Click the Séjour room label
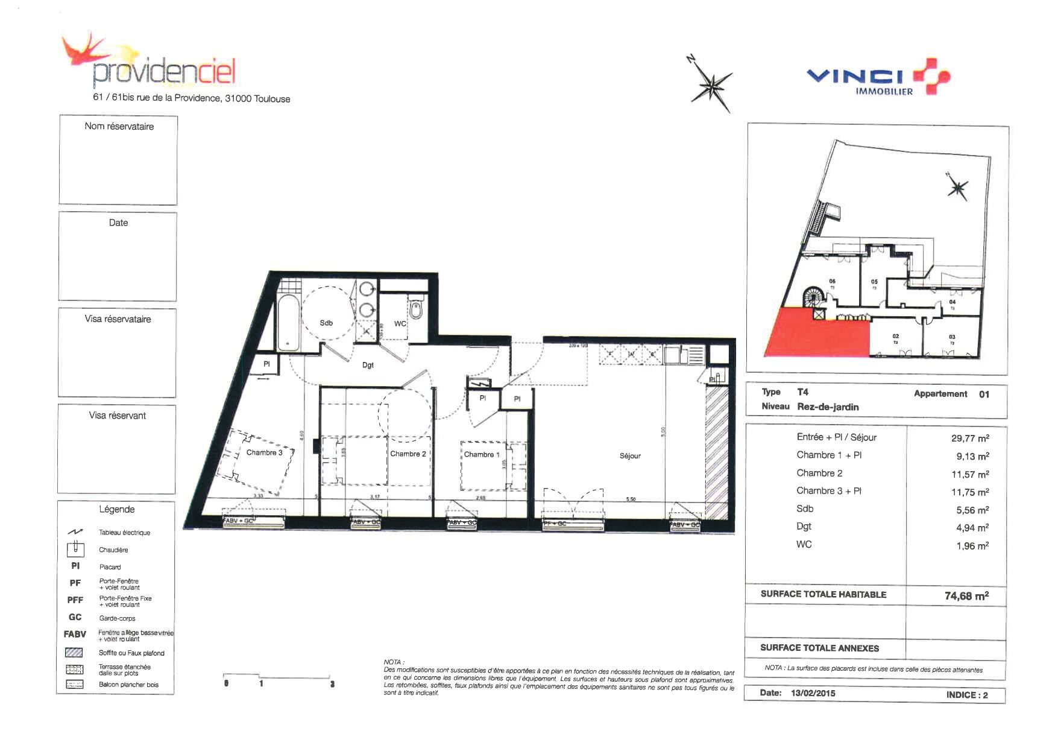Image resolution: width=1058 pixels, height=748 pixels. (x=629, y=455)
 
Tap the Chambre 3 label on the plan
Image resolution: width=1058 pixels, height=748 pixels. (x=264, y=452)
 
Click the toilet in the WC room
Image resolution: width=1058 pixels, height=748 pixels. (x=416, y=310)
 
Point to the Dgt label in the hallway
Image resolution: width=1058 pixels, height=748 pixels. (x=368, y=365)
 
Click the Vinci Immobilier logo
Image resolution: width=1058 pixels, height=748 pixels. (x=877, y=78)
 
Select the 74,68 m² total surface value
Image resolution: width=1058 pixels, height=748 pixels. (x=966, y=596)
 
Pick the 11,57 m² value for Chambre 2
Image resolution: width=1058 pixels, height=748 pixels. (x=969, y=475)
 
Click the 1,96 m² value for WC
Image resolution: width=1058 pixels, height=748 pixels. (x=972, y=546)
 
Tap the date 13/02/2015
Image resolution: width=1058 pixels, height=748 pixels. (x=813, y=693)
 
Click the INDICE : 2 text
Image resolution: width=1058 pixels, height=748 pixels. (x=966, y=695)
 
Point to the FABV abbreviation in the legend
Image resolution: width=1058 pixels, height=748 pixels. (x=75, y=634)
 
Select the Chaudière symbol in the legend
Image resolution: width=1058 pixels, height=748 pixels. (x=75, y=549)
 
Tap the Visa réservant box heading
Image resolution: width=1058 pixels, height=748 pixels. (x=117, y=416)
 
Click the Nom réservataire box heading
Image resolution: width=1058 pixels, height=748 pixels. (x=119, y=126)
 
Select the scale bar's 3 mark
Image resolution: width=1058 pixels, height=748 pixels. (x=332, y=684)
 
